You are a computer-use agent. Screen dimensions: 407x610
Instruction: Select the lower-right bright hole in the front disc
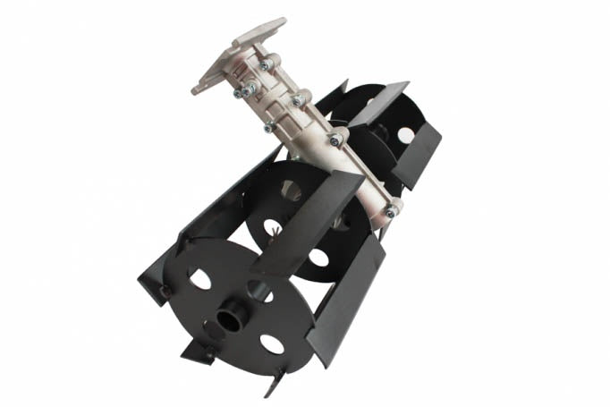(x=272, y=343)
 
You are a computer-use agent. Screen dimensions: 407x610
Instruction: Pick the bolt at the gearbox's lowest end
(x=391, y=210)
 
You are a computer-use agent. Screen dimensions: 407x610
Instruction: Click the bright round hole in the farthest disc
(x=405, y=135)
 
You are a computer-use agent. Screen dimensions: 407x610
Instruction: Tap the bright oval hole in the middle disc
(x=318, y=260)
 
